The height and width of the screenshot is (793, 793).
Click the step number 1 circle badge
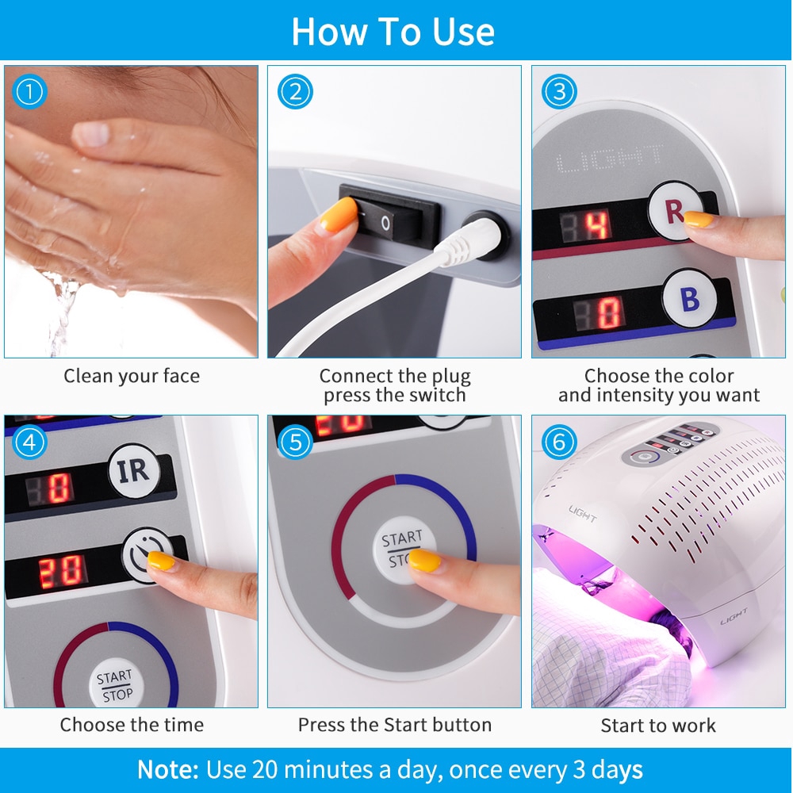29,91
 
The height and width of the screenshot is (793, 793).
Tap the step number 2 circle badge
295,91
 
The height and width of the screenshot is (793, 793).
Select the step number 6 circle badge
559,442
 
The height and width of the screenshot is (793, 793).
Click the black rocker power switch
389,216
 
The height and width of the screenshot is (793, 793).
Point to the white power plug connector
470,240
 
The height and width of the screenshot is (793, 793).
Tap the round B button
689,298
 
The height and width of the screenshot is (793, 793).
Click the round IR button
134,471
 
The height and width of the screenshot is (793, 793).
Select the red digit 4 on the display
597,225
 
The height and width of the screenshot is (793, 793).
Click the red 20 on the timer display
61,572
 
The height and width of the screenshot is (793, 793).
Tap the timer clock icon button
147,555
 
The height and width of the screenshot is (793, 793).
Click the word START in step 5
401,538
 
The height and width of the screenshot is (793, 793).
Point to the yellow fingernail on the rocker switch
339,214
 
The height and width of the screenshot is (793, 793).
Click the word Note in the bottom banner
168,769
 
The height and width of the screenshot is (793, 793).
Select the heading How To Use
393,32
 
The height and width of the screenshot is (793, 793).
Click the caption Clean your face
132,376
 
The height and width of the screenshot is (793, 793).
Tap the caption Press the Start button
394,725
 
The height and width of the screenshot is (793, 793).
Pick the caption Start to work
658,726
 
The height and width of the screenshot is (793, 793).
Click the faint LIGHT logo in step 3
609,159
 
